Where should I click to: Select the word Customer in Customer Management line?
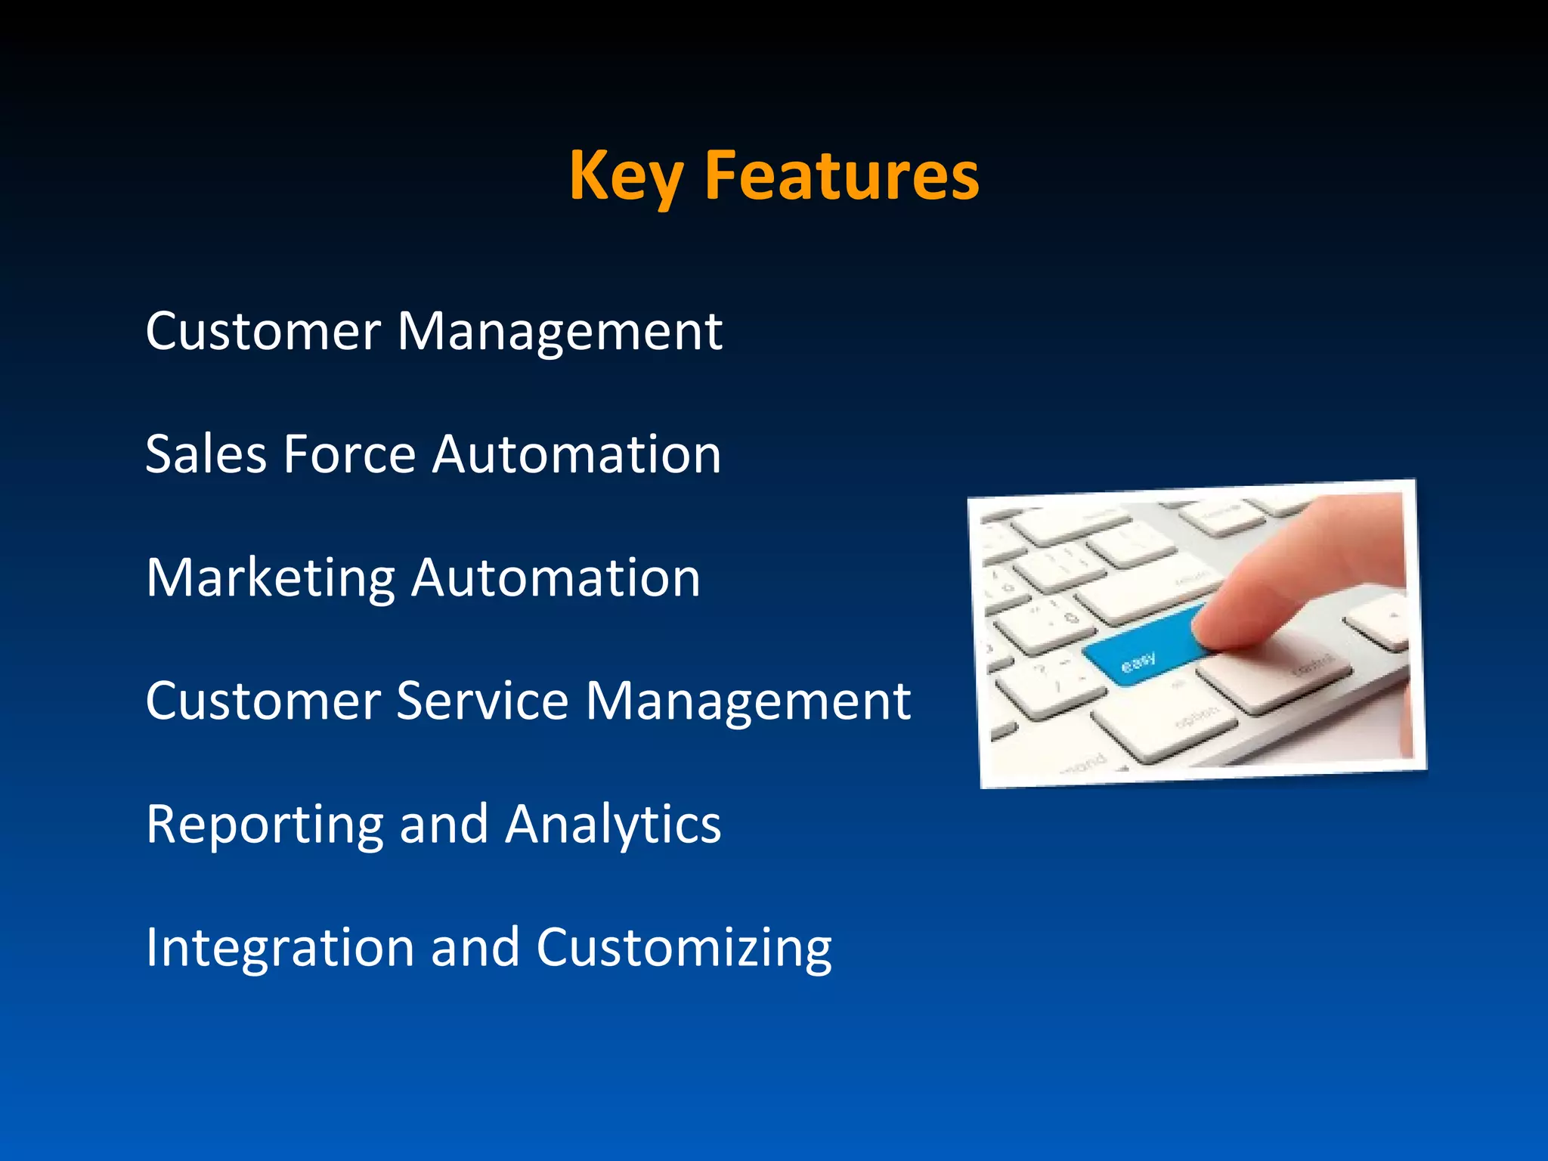tap(263, 331)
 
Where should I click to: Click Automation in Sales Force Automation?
tap(576, 454)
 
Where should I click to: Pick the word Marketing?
tap(270, 579)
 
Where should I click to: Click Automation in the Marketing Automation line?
tap(556, 577)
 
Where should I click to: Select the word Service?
tap(481, 701)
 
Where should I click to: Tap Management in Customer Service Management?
tap(748, 702)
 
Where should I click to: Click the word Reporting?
tap(265, 825)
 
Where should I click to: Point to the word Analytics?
tap(613, 825)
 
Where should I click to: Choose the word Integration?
tap(280, 949)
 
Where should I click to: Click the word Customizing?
tap(683, 949)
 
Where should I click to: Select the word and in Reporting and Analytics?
tap(444, 824)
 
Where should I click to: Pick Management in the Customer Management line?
tap(559, 333)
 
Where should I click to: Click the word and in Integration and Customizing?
tap(475, 947)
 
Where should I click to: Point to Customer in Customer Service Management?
tap(263, 701)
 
